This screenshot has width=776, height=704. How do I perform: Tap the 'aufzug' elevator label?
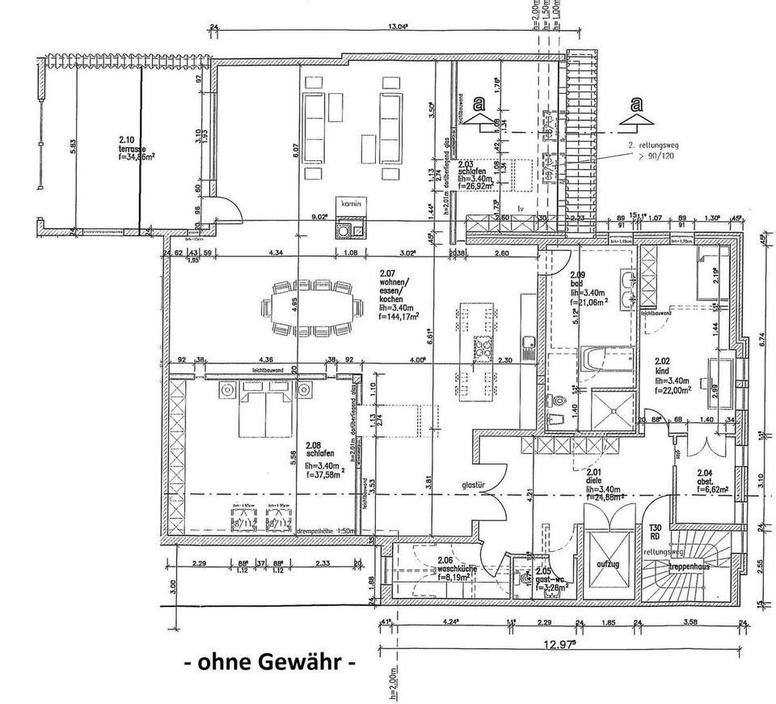click(x=607, y=564)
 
